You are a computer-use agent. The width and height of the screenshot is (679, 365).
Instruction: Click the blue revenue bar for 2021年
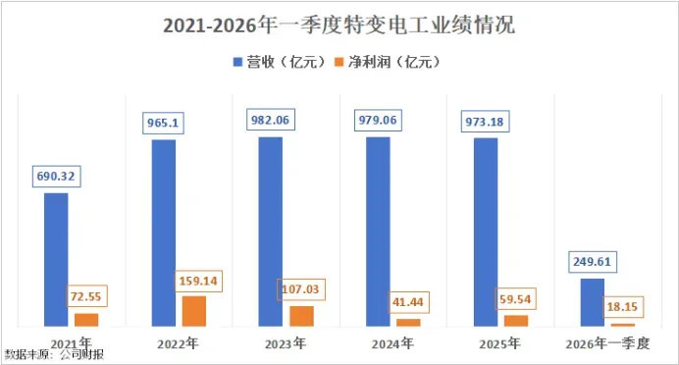pos(56,260)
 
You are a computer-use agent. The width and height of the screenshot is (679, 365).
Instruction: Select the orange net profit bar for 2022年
pos(194,311)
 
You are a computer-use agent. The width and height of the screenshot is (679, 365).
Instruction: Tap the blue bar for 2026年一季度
pos(593,302)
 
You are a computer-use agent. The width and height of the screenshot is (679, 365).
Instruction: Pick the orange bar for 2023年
pos(301,317)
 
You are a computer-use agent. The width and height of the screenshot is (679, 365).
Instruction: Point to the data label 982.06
pos(270,120)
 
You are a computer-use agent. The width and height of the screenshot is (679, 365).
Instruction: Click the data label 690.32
pos(56,177)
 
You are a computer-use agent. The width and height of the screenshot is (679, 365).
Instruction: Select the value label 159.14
pos(198,281)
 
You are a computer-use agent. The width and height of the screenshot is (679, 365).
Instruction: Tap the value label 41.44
pos(408,302)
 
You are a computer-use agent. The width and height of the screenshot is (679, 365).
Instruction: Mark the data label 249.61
pos(592,262)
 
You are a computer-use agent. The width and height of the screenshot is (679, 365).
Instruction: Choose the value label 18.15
pos(622,307)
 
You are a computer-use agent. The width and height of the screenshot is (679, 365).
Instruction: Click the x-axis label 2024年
pos(392,343)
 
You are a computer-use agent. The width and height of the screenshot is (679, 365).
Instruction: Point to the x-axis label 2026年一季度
pos(607,343)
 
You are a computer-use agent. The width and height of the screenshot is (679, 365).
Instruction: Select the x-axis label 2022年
pos(178,343)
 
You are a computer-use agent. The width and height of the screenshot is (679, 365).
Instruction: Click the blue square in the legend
pos(237,62)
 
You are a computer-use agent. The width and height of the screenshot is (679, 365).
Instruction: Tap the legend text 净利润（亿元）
pos(394,62)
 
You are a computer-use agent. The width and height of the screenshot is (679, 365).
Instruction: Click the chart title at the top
pos(339,26)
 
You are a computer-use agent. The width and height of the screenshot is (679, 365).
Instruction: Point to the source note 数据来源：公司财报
pos(54,355)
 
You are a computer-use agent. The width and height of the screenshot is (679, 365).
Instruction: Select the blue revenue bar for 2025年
pos(486,233)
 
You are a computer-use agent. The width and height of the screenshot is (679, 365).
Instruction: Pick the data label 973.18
pos(485,122)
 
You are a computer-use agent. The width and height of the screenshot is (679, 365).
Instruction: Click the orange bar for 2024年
pos(408,323)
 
